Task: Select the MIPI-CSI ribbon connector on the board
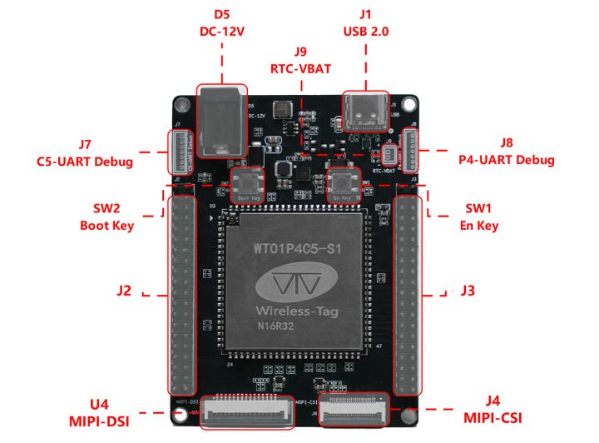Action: click(x=354, y=410)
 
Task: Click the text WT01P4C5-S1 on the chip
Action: click(x=298, y=249)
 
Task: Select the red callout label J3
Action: click(x=468, y=291)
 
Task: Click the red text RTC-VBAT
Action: click(x=299, y=66)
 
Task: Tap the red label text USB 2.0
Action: click(x=366, y=31)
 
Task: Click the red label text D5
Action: click(x=221, y=14)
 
